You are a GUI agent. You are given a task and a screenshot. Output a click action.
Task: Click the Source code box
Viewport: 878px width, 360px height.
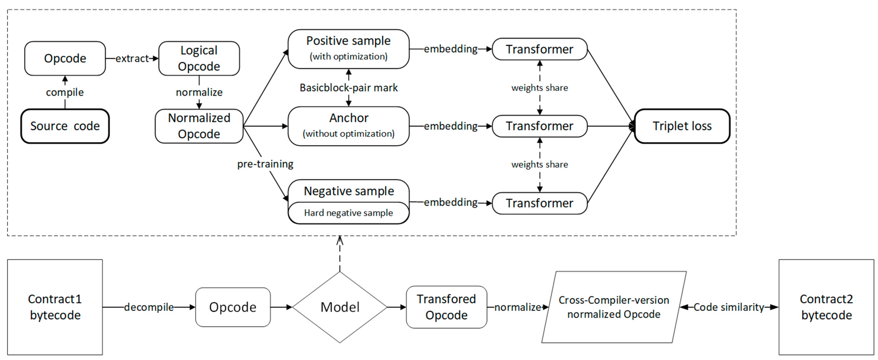[x=65, y=126]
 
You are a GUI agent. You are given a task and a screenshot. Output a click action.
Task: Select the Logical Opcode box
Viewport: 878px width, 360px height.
[x=199, y=58]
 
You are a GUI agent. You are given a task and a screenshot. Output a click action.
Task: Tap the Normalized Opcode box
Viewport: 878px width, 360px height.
[x=199, y=126]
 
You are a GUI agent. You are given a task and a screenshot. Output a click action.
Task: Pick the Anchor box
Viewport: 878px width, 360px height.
[x=349, y=126]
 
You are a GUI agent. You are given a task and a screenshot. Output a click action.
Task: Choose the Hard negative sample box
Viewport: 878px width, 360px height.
[x=349, y=213]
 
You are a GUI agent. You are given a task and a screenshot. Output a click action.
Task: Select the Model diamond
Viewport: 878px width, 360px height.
[x=340, y=307]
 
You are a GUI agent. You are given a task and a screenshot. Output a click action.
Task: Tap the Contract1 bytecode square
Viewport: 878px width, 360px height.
[x=55, y=307]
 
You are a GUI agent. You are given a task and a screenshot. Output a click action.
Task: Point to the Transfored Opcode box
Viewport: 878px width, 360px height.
[x=446, y=307]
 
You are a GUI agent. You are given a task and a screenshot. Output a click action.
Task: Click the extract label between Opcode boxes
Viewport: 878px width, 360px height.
[x=132, y=58]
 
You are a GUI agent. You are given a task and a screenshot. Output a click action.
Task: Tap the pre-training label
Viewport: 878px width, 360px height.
[x=265, y=164]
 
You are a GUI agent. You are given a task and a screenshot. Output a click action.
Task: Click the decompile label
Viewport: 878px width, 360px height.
[x=149, y=307]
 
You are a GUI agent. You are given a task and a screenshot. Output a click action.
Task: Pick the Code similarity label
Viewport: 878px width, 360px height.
[x=729, y=307]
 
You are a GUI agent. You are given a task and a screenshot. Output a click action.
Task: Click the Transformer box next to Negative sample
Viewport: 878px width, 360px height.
[x=540, y=203]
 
